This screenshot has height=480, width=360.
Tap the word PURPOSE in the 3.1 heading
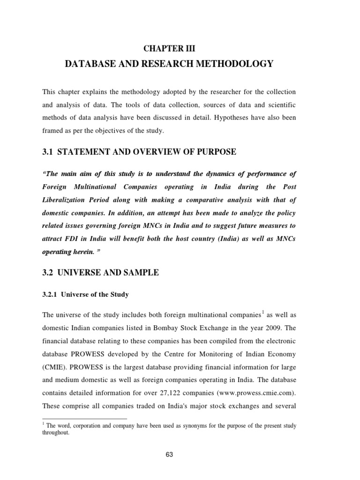click(x=213, y=151)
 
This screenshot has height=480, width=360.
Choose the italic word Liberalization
click(x=65, y=199)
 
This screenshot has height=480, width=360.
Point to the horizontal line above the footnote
click(x=85, y=419)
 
